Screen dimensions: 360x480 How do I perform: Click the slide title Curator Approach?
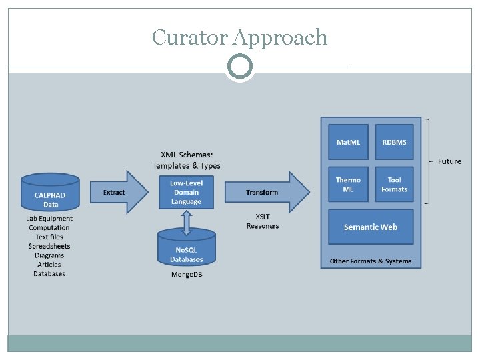[x=239, y=37]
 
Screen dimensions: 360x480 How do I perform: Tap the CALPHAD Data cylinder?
[x=51, y=193]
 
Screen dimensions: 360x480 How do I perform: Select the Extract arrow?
[x=117, y=192]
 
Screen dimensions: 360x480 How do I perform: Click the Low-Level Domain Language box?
[x=186, y=192]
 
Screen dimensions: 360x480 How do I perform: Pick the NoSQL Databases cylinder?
[x=186, y=249]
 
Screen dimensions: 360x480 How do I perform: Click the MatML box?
[x=348, y=142]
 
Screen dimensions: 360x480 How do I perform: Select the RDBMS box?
[x=394, y=142]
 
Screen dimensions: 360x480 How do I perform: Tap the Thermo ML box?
[x=348, y=185]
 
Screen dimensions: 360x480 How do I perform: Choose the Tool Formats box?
[x=394, y=185]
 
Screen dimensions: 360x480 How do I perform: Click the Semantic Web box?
[x=371, y=227]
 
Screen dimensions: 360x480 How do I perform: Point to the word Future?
[x=449, y=161]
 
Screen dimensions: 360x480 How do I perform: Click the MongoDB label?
[x=186, y=275]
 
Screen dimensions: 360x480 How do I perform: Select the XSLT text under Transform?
[x=263, y=216]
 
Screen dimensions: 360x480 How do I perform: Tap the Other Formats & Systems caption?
[x=371, y=261]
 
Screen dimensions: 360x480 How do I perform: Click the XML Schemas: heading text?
[x=186, y=155]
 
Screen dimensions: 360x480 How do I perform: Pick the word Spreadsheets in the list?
[x=49, y=246]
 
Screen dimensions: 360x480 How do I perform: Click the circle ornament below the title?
[x=239, y=67]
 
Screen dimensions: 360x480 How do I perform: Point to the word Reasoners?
[x=263, y=226]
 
